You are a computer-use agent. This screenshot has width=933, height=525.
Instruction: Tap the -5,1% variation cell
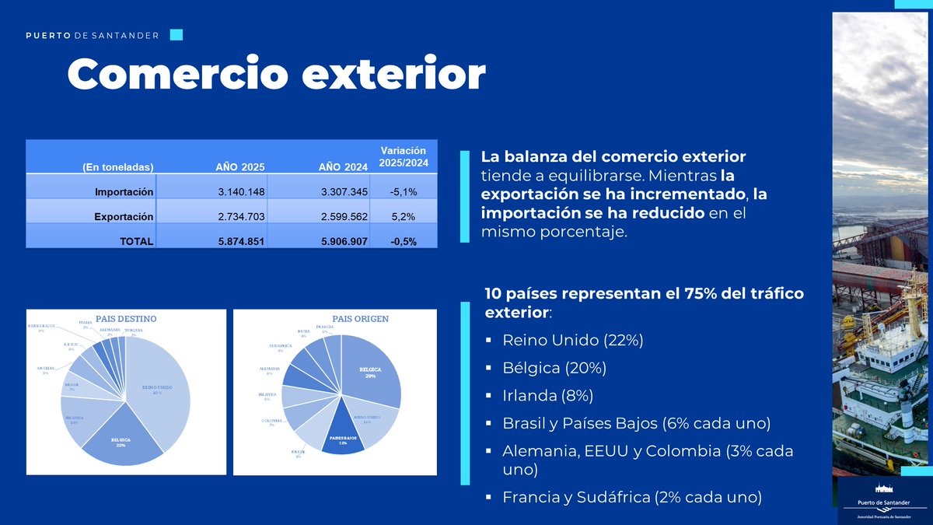coord(403,192)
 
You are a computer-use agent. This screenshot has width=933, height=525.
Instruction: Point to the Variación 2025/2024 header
coord(403,156)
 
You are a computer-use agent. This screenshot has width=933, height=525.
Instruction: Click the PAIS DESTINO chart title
coord(126,319)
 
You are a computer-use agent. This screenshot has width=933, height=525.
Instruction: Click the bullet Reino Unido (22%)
coord(573,340)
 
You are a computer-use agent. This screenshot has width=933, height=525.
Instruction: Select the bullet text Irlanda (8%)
coord(548,395)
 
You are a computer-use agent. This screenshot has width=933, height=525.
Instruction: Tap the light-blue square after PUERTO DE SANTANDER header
coord(176,35)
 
